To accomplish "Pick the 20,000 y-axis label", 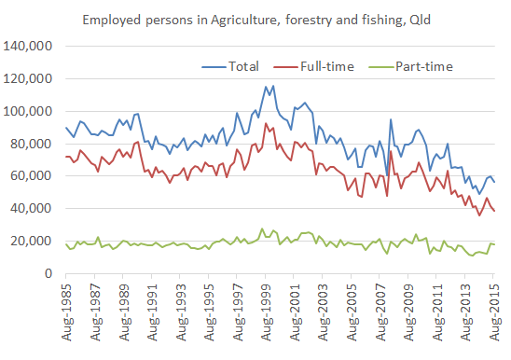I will (x=30, y=242).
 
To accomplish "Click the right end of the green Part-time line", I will (x=494, y=244).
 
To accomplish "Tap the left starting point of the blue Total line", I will (x=66, y=127).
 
